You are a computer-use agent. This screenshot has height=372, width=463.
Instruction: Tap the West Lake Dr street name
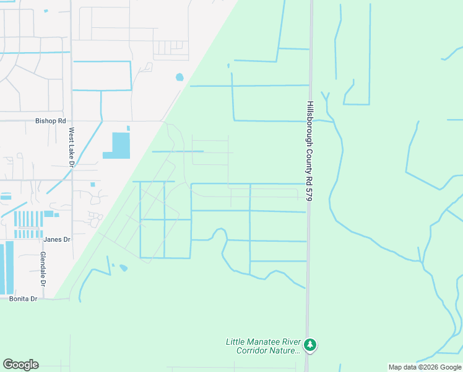click(x=71, y=148)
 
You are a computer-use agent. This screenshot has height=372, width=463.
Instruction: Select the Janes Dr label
click(x=57, y=239)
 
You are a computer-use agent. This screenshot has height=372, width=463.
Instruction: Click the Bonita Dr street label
click(x=24, y=299)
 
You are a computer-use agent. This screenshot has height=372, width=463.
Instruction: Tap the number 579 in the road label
click(x=309, y=193)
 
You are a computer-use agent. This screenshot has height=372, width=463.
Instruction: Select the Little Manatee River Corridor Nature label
click(x=262, y=346)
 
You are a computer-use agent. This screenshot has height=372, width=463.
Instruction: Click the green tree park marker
click(x=309, y=344)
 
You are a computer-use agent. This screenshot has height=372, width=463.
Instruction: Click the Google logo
click(x=20, y=365)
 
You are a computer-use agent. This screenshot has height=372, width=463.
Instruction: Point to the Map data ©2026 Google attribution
click(x=425, y=367)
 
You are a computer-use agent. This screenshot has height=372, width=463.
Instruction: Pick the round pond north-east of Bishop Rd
click(x=180, y=77)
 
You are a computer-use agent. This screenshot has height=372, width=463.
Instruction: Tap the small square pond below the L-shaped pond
click(x=92, y=184)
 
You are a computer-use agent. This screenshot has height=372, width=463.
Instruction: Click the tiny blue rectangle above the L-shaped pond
click(x=128, y=128)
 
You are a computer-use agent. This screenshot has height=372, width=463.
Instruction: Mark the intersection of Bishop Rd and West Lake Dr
click(x=71, y=121)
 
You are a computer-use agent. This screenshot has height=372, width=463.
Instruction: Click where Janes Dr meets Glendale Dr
click(x=40, y=239)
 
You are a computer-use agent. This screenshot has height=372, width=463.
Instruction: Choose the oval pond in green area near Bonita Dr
click(x=123, y=268)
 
